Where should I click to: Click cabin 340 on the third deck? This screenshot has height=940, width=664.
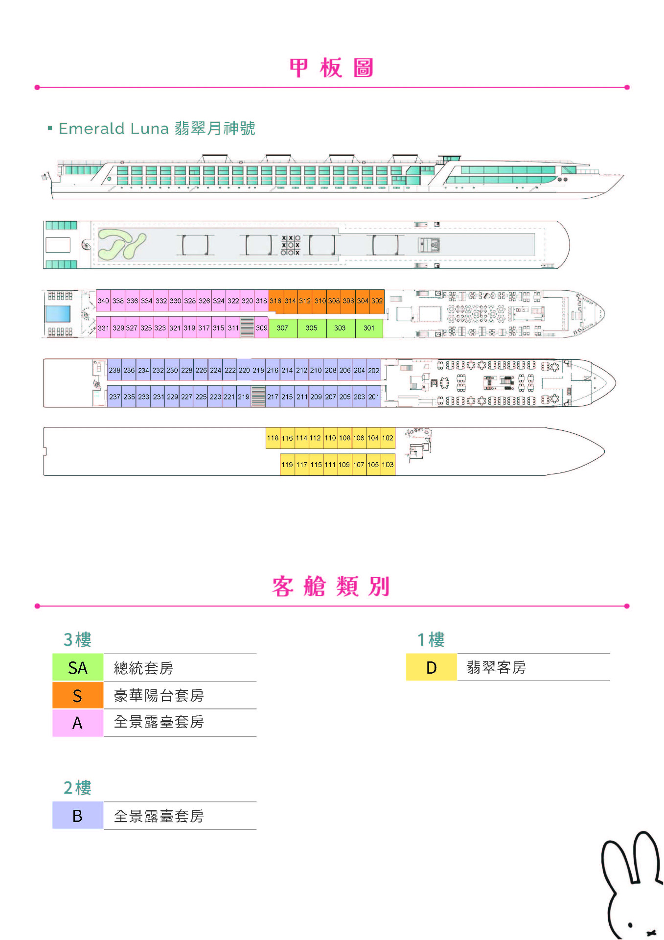pyautogui.click(x=103, y=301)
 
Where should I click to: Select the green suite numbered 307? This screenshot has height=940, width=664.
pyautogui.click(x=283, y=328)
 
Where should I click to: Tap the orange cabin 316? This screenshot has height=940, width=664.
pyautogui.click(x=275, y=301)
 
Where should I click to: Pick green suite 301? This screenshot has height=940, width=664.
pyautogui.click(x=369, y=328)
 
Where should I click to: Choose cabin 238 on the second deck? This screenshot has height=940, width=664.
pyautogui.click(x=114, y=370)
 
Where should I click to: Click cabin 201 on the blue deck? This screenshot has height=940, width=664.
pyautogui.click(x=374, y=397)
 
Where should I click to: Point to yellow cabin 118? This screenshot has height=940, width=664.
pyautogui.click(x=273, y=438)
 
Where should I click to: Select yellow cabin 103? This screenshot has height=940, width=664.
pyautogui.click(x=388, y=464)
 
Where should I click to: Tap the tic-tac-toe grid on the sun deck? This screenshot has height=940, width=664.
pyautogui.click(x=291, y=245)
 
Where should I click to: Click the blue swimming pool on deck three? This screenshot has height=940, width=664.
pyautogui.click(x=58, y=313)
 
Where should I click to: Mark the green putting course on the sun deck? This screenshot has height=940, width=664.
pyautogui.click(x=121, y=244)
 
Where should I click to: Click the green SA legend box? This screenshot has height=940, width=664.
pyautogui.click(x=78, y=667)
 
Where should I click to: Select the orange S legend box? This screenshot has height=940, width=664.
pyautogui.click(x=78, y=695)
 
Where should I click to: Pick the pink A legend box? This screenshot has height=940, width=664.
pyautogui.click(x=78, y=723)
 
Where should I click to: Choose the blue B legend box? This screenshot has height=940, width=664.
pyautogui.click(x=78, y=816)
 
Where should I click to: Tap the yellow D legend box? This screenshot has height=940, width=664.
pyautogui.click(x=431, y=667)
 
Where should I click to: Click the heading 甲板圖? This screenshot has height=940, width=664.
pyautogui.click(x=332, y=68)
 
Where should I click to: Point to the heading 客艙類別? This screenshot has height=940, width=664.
pyautogui.click(x=331, y=587)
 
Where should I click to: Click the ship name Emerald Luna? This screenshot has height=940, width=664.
pyautogui.click(x=114, y=129)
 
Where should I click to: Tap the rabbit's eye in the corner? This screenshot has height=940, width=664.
pyautogui.click(x=630, y=925)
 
